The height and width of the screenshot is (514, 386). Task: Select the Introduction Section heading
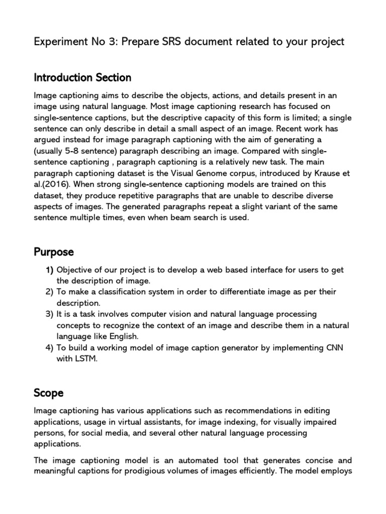pyautogui.click(x=82, y=78)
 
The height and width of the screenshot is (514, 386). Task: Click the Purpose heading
pyautogui.click(x=54, y=251)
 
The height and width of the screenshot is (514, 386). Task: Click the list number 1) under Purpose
pyautogui.click(x=50, y=270)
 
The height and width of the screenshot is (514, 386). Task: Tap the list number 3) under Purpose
pyautogui.click(x=50, y=314)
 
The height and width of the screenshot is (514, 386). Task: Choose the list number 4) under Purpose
pyautogui.click(x=50, y=347)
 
